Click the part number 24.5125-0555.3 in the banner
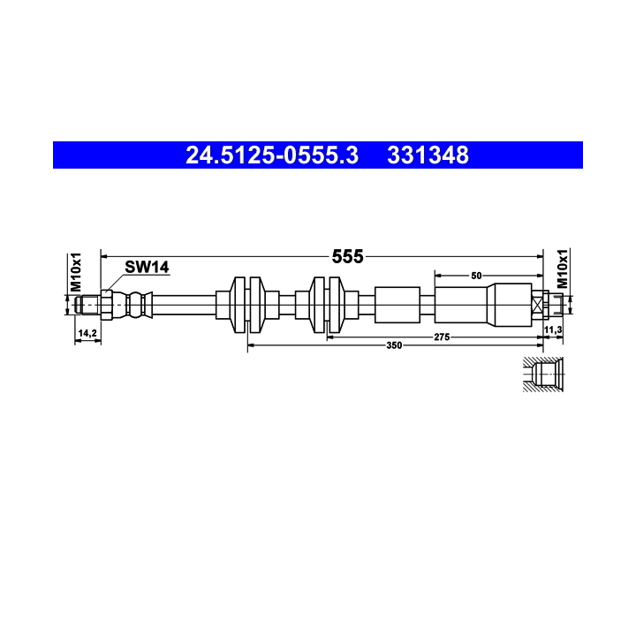(271, 155)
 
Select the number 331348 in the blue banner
(428, 155)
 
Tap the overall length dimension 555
(347, 256)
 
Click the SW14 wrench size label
(146, 267)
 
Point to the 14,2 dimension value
(87, 333)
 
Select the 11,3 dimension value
(553, 329)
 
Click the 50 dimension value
(476, 276)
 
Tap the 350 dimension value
(394, 345)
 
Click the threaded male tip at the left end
(87, 306)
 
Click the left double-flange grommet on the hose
(246, 305)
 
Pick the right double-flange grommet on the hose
(327, 305)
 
